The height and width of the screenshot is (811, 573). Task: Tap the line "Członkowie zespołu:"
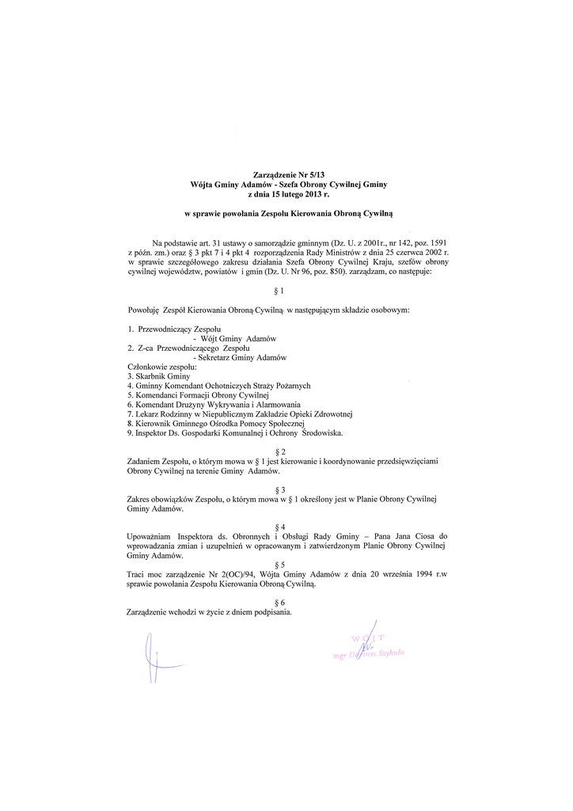162,367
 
